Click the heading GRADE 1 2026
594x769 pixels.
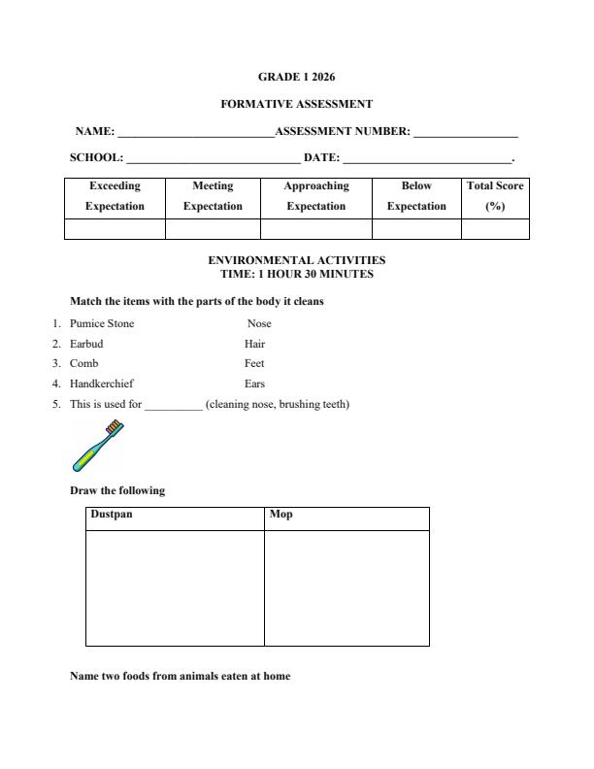(x=296, y=76)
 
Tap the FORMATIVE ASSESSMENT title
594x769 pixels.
(x=296, y=104)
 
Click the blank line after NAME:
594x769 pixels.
(x=195, y=134)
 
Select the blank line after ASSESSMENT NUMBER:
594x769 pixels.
(x=465, y=134)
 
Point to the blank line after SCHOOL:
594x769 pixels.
(x=213, y=160)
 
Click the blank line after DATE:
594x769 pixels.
(x=426, y=160)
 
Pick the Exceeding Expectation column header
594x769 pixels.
(x=115, y=196)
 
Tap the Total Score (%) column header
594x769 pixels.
(x=495, y=196)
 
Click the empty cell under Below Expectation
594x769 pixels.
(x=416, y=229)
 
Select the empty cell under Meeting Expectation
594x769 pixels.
(x=213, y=229)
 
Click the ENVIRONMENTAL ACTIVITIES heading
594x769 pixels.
(x=296, y=260)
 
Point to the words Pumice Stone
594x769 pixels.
(x=102, y=323)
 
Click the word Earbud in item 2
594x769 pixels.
(x=86, y=344)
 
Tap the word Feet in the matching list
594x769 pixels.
(x=254, y=363)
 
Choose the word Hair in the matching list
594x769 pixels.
(x=254, y=344)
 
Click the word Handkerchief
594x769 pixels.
(x=102, y=384)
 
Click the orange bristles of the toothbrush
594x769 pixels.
(x=115, y=427)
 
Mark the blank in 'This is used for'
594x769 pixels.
(x=174, y=404)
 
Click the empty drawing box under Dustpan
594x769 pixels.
(x=175, y=587)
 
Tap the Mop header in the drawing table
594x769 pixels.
(x=280, y=515)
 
